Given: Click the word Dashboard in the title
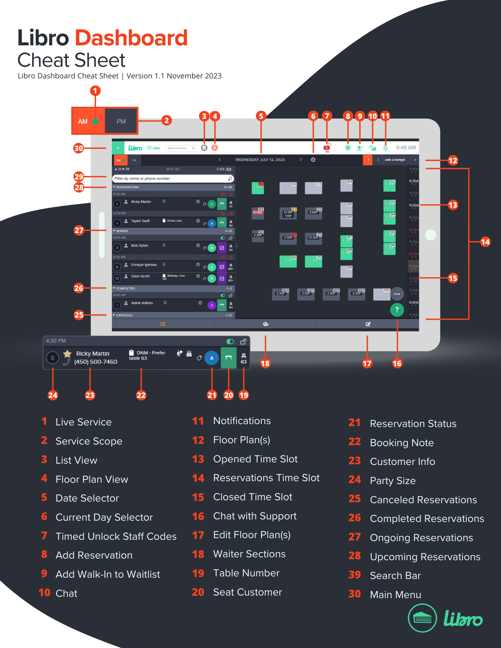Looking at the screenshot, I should pos(131,38).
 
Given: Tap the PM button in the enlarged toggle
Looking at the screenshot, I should pos(121,121).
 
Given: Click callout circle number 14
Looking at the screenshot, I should pos(485,242).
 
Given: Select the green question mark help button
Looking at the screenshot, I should pos(397,310).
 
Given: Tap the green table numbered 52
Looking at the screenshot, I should pos(258,188).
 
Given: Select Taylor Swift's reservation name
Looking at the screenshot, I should pos(140,221).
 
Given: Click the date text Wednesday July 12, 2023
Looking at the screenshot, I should pos(260,160).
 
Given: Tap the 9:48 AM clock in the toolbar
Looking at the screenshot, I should pos(405,148).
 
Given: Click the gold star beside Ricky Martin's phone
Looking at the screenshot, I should pos(67,353).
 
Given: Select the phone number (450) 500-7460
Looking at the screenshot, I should pos(96,362).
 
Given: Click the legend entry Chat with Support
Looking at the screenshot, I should pos(255,516).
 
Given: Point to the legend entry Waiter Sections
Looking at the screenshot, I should pos(249,554).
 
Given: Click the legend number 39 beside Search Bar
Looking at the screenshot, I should pos(354,575).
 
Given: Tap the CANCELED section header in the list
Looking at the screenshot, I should pos(125,315).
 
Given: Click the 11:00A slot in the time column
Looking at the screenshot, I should pos(413,205).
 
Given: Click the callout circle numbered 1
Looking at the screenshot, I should pos(95,91).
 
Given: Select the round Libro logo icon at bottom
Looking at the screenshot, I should pos(422,618).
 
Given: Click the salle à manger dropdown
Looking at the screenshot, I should pos(400,160).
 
